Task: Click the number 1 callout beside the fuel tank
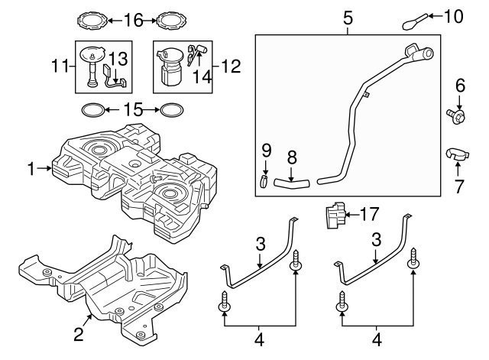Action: tap(31, 170)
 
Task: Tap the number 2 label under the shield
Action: tap(77, 333)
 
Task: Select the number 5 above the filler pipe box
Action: tap(348, 18)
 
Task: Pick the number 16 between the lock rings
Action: tap(134, 19)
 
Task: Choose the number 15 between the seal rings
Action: tap(134, 110)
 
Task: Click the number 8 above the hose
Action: tap(291, 157)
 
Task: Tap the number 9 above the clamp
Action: tap(266, 148)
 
